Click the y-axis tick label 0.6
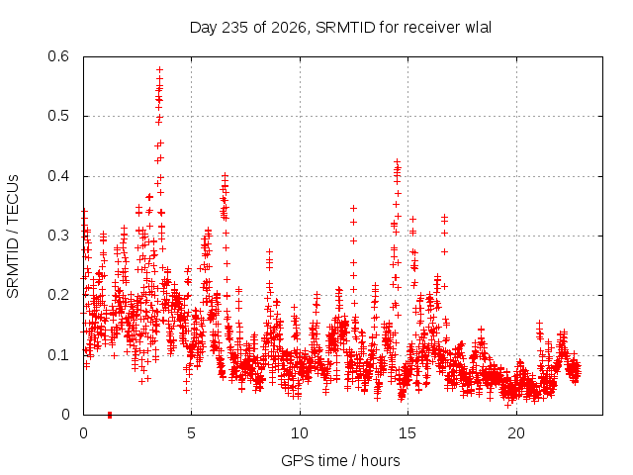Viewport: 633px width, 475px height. click(x=58, y=56)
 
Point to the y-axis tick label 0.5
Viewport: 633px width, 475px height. click(x=58, y=116)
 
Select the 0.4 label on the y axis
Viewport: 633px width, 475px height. click(x=58, y=176)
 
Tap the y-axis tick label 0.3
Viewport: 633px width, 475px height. click(x=58, y=236)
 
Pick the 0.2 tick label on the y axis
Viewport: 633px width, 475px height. click(x=58, y=295)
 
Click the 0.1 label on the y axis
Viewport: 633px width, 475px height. click(x=58, y=355)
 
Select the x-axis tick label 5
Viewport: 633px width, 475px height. click(x=191, y=433)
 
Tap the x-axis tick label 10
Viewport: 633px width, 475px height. click(x=300, y=433)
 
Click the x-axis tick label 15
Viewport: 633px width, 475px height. click(x=407, y=433)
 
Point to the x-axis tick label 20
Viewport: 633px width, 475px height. click(x=516, y=433)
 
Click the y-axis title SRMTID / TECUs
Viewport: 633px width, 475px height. click(x=13, y=237)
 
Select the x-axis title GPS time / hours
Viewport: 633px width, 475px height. click(x=340, y=461)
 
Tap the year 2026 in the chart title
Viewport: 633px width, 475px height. click(x=288, y=28)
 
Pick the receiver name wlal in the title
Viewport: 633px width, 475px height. click(x=479, y=28)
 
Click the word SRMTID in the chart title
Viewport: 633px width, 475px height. click(x=345, y=28)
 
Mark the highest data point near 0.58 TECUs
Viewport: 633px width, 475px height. click(x=160, y=70)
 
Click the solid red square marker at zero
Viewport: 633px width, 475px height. click(x=110, y=416)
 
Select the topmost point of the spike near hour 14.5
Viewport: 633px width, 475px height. click(x=397, y=161)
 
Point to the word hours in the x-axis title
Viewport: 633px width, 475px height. click(x=380, y=461)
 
